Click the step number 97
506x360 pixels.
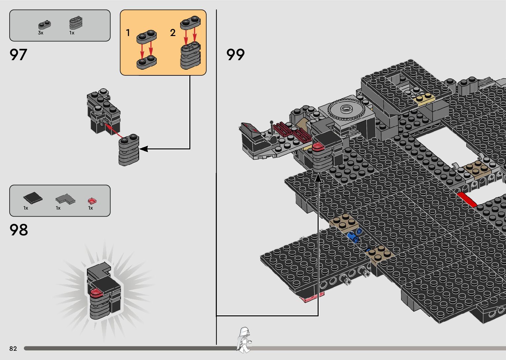[18, 55]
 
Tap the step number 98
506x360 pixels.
[19, 230]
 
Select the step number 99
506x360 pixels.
[235, 55]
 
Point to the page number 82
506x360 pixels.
[13, 348]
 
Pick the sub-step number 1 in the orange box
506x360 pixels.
[128, 33]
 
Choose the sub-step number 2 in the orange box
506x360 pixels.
[173, 33]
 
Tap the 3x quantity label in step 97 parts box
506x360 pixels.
[41, 33]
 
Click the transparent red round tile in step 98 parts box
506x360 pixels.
[92, 201]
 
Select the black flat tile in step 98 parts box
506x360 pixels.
[33, 198]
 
